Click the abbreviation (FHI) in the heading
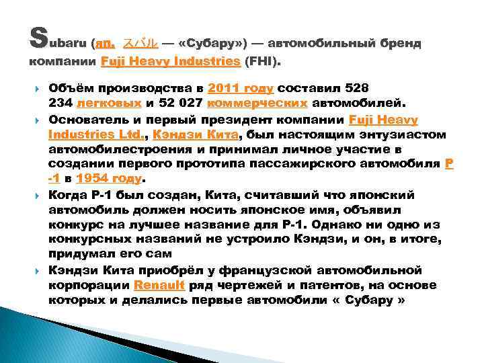tap(264, 62)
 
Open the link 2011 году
tap(241, 88)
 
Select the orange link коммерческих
tap(259, 104)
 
